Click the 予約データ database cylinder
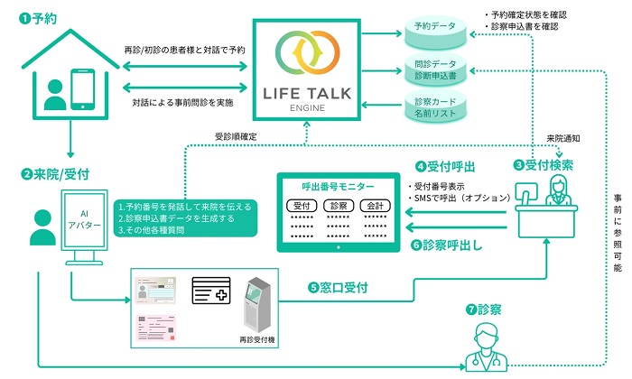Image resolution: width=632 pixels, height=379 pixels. click(x=433, y=29)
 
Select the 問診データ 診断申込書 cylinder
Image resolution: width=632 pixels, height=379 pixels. click(x=433, y=70)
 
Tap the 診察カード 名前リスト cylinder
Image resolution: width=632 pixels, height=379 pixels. click(x=433, y=110)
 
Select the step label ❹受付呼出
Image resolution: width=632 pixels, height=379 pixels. click(x=445, y=166)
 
